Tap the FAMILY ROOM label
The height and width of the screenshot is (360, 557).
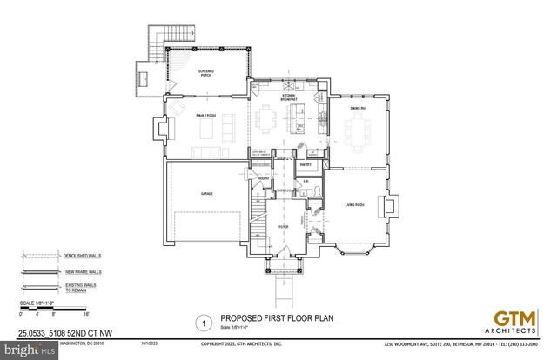pos(193,115)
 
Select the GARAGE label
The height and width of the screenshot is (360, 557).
pos(208,193)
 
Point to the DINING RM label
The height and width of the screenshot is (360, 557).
pos(357,109)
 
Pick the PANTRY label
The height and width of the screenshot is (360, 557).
pos(305,163)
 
